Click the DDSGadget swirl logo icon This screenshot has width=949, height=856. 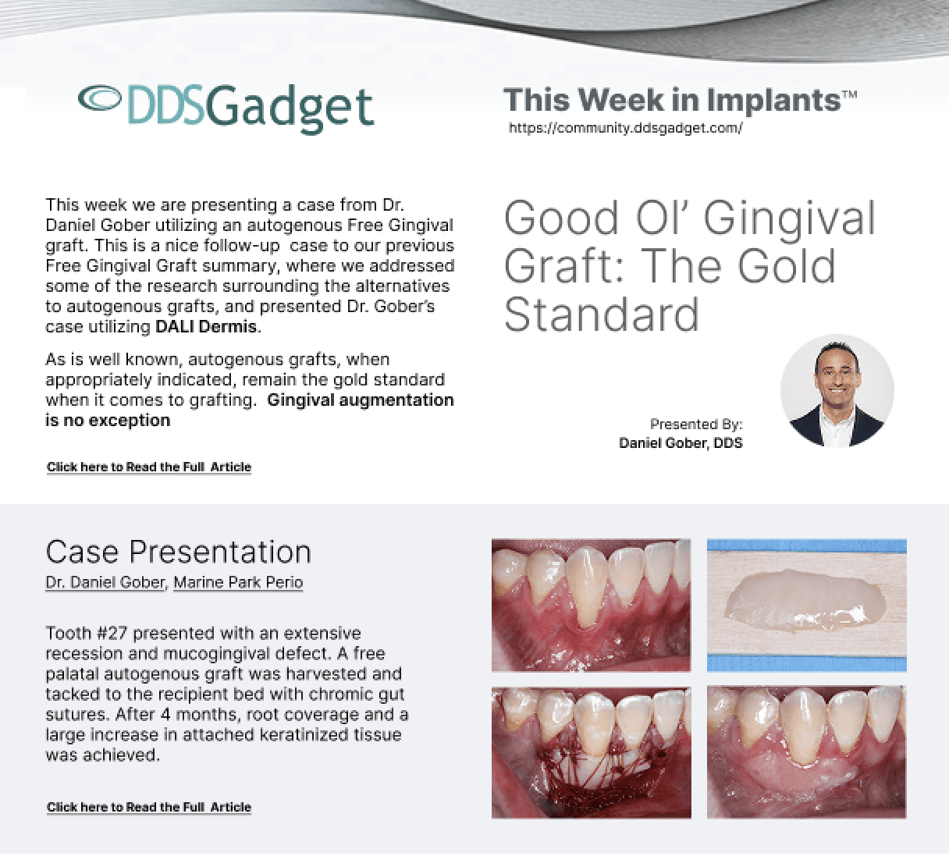tap(99, 98)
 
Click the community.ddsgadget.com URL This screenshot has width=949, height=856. tap(625, 128)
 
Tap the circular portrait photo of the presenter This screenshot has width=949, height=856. tap(837, 391)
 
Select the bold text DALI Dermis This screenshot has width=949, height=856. tap(207, 326)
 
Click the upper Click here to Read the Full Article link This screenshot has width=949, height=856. tap(149, 467)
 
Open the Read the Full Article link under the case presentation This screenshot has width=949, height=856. tap(149, 807)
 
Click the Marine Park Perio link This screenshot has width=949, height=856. tap(238, 582)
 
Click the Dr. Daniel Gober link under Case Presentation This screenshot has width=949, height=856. tap(105, 582)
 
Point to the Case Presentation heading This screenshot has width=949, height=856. tap(179, 552)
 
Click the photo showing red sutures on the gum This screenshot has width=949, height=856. tap(592, 752)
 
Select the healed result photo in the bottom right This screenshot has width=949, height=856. tap(807, 752)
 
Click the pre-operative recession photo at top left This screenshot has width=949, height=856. tap(592, 606)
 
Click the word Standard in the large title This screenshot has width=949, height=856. tap(601, 314)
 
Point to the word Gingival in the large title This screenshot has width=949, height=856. tap(789, 219)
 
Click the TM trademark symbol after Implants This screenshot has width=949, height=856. tap(849, 94)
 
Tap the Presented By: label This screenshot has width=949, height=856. tap(696, 424)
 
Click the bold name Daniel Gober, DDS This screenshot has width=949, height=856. tap(681, 443)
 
